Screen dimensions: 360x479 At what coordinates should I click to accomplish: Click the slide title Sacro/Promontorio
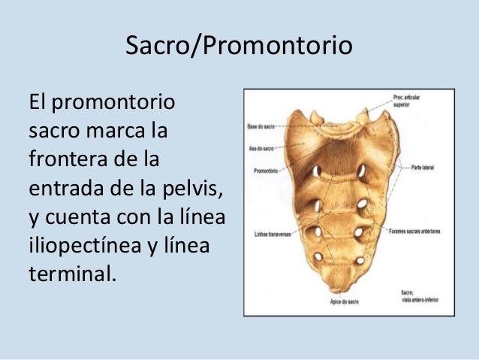[238, 47]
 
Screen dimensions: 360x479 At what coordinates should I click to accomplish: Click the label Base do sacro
[260, 127]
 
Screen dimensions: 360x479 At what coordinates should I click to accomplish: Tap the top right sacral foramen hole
[361, 171]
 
